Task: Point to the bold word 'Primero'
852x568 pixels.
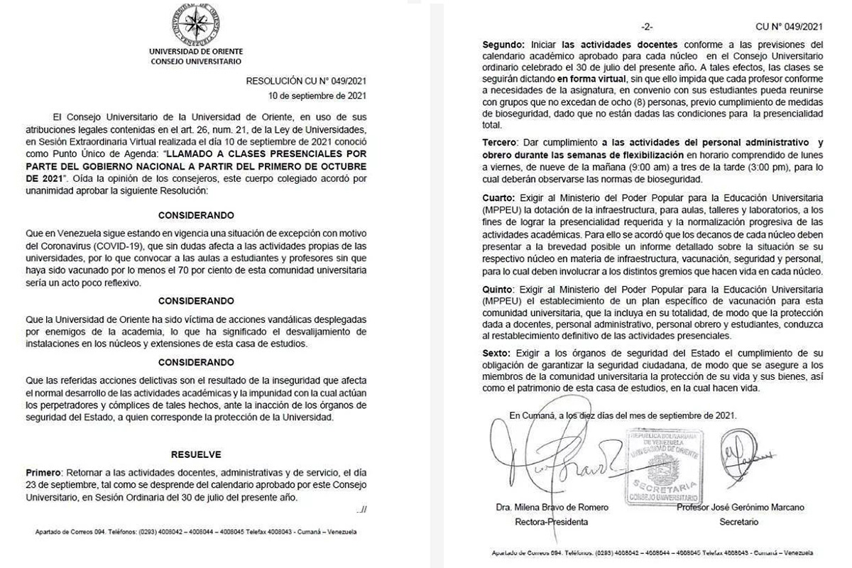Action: coord(44,471)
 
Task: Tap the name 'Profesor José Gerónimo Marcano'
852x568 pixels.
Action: coord(741,507)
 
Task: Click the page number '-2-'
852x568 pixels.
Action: coord(646,27)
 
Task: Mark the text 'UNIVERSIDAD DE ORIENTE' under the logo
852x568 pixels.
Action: coord(196,52)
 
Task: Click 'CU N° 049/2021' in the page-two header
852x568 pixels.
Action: coord(790,27)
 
